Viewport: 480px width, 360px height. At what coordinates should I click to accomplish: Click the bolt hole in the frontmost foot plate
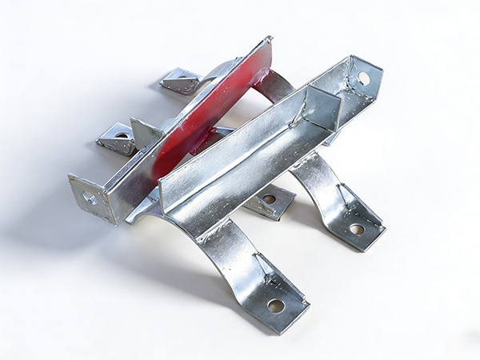(275, 305)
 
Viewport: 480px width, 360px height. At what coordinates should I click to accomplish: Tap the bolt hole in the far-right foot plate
(357, 229)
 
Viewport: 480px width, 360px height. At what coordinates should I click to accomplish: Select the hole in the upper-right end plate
(363, 78)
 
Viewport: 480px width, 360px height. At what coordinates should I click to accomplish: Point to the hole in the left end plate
(89, 197)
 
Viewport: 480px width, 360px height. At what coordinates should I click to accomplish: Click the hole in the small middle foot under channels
(270, 199)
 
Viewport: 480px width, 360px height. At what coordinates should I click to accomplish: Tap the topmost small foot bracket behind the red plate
(181, 79)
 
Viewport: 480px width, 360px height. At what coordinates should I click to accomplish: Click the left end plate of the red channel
(90, 196)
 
